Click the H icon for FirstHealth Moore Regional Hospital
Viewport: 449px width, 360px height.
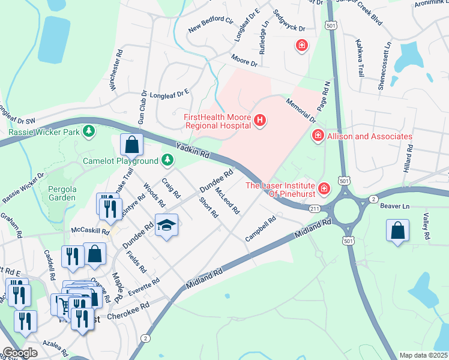(260, 121)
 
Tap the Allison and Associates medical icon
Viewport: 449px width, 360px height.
(317, 137)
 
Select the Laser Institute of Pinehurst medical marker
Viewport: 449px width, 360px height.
(324, 190)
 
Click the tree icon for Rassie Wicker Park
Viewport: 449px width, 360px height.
(89, 131)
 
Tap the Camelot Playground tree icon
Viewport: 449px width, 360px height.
(167, 160)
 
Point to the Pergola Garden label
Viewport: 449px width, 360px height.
(62, 193)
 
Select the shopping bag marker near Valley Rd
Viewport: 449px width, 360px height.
(397, 230)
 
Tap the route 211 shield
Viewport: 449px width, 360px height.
(315, 209)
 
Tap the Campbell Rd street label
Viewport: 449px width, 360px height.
(260, 229)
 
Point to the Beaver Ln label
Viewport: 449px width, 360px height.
(394, 206)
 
